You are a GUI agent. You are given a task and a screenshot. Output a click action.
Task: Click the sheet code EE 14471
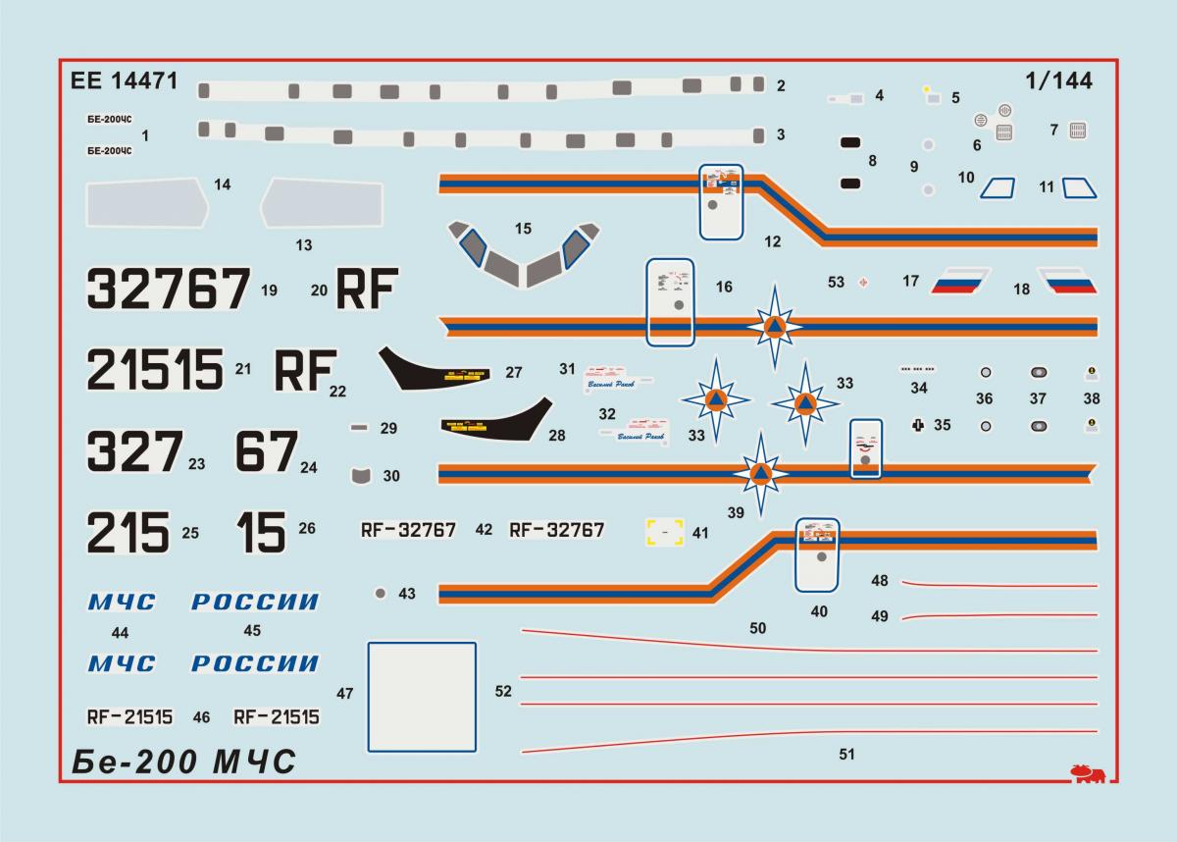(x=125, y=82)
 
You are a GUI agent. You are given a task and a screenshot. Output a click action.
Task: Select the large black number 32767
(x=167, y=289)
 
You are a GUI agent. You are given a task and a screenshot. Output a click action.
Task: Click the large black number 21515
(x=155, y=369)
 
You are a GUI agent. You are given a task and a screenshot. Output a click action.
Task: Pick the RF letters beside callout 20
(x=365, y=289)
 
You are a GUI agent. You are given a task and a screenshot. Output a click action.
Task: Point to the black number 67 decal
(x=266, y=451)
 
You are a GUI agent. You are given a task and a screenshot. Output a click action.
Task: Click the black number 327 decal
(x=134, y=451)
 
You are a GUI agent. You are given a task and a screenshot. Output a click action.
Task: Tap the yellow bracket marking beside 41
(x=665, y=532)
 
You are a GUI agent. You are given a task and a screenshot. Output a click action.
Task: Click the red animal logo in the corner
(x=1088, y=772)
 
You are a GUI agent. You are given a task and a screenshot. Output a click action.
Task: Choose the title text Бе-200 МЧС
(x=183, y=762)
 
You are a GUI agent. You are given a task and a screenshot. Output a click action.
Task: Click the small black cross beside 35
(x=918, y=425)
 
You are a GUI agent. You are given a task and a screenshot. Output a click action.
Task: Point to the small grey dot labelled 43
(x=381, y=593)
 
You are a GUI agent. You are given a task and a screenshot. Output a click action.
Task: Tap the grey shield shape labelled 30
(x=363, y=475)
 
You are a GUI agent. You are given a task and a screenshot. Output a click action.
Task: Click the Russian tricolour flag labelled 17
(x=954, y=282)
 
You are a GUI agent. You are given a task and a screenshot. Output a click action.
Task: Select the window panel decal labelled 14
(x=148, y=205)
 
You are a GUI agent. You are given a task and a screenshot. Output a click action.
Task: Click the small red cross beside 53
(x=863, y=283)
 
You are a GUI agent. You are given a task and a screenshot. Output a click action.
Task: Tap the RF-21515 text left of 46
(x=129, y=717)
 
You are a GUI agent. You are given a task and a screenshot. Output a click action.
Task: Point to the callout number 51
(x=847, y=754)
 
